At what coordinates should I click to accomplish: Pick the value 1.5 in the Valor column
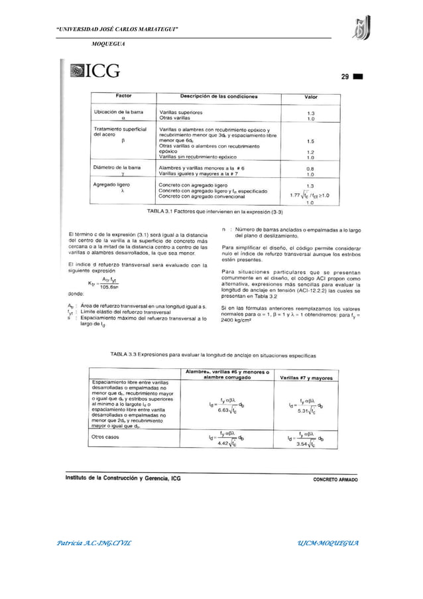pyautogui.click(x=310, y=141)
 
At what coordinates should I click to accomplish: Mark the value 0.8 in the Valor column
pyautogui.click(x=310, y=168)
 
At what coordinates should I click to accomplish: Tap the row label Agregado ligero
pyautogui.click(x=111, y=183)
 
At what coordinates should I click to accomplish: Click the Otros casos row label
pyautogui.click(x=107, y=437)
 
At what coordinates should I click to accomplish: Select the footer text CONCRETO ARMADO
pyautogui.click(x=336, y=478)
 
